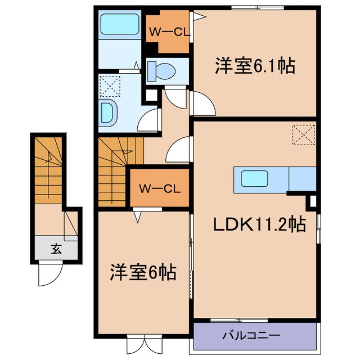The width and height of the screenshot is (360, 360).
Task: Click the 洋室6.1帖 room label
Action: point(255,66)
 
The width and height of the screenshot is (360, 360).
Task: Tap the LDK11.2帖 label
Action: point(259,225)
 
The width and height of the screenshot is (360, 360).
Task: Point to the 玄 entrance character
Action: point(56,248)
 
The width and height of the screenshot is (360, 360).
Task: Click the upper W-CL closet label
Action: point(169,32)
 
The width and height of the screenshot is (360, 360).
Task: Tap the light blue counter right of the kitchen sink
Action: point(301,179)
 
